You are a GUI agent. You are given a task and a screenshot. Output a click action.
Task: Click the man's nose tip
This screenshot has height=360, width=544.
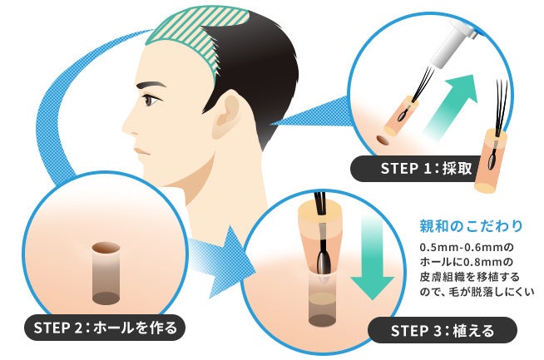click(124, 127)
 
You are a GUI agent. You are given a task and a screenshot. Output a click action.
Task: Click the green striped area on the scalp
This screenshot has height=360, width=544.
click(195, 38)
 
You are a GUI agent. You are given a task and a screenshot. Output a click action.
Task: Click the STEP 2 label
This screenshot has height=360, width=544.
click(105, 328)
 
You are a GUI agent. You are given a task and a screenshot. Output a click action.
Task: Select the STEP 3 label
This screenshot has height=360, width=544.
click(442, 330)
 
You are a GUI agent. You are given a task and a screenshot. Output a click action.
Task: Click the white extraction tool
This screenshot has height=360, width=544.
click(450, 44)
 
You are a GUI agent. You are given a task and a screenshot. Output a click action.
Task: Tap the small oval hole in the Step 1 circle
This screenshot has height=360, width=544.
click(383, 140)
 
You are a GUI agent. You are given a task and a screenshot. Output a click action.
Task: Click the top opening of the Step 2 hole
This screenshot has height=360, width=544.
click(106, 247)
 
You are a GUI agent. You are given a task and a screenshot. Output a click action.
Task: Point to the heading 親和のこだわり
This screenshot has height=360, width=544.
click(471, 226)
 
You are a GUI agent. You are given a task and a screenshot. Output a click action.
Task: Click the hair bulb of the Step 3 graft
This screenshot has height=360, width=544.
click(324, 262)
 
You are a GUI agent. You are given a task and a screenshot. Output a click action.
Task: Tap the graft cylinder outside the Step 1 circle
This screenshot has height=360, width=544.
click(490, 160)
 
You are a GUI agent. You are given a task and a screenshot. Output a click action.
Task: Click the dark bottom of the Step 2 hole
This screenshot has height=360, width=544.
click(106, 298)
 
